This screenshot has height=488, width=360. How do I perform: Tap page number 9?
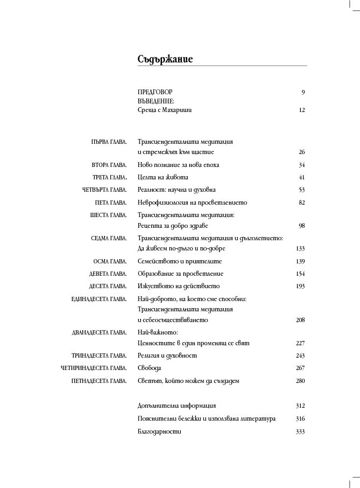pyautogui.click(x=303, y=92)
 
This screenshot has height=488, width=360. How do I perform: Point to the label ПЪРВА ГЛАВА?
pyautogui.click(x=109, y=142)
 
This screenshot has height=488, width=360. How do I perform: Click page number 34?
pyautogui.click(x=301, y=165)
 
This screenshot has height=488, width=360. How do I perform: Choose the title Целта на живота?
pyautogui.click(x=163, y=177)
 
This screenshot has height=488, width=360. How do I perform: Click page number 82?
pyautogui.click(x=301, y=203)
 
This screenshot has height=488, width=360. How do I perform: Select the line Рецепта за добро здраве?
pyautogui.click(x=173, y=225)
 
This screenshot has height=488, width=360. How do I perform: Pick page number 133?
pyautogui.click(x=300, y=248)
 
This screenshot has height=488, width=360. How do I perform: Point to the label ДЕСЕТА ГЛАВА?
pyautogui.click(x=108, y=286)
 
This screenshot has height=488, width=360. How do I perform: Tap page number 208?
pyautogui.click(x=300, y=320)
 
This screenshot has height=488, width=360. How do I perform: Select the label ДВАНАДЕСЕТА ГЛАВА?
pyautogui.click(x=99, y=332)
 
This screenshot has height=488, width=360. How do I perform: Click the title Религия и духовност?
pyautogui.click(x=167, y=355)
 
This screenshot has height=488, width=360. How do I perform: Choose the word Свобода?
pyautogui.click(x=150, y=368)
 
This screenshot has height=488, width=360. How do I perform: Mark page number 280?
pyautogui.click(x=300, y=381)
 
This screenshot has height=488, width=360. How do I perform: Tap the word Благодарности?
pyautogui.click(x=160, y=431)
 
